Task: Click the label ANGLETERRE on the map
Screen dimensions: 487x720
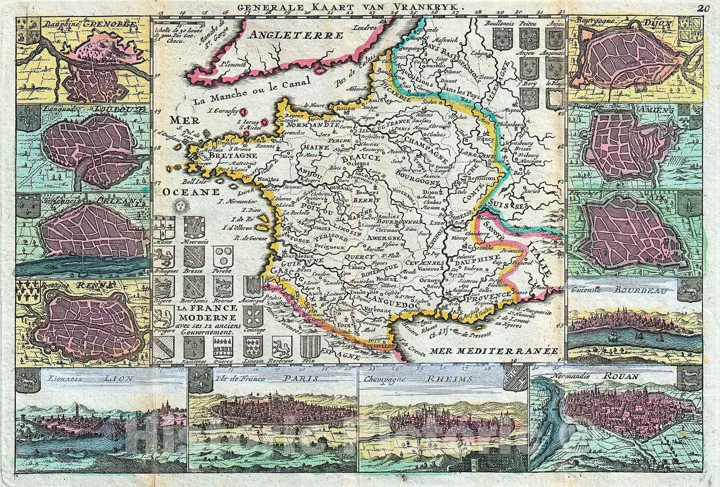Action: click(297, 35)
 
